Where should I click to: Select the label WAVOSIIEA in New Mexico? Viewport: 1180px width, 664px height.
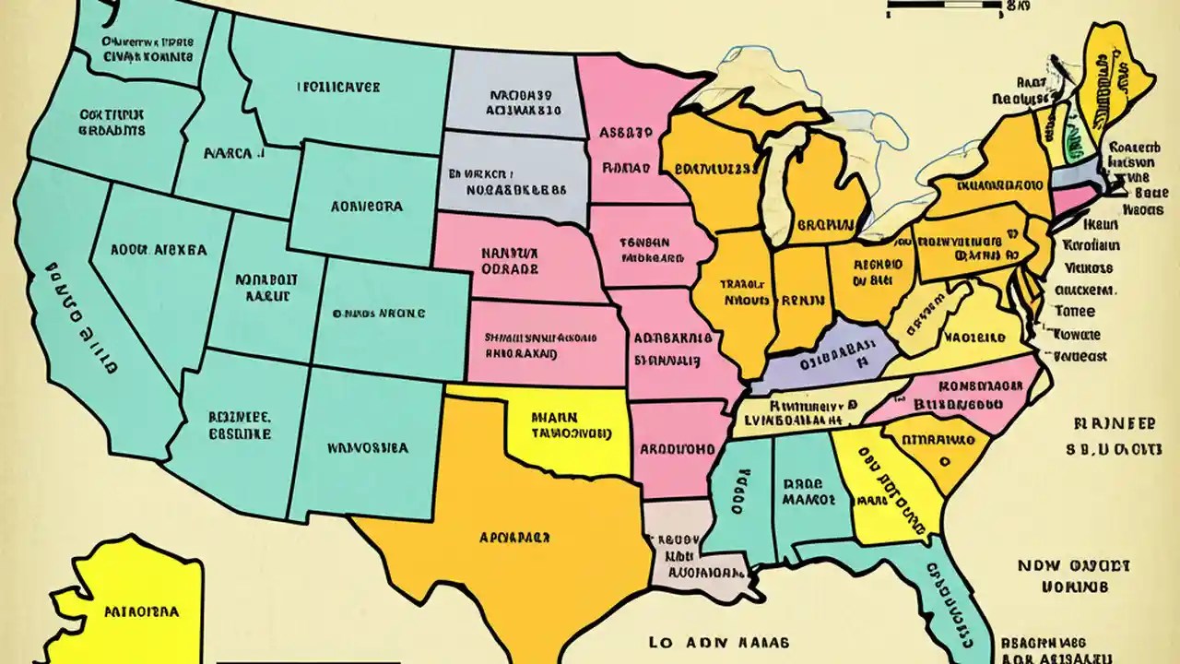pyautogui.click(x=368, y=449)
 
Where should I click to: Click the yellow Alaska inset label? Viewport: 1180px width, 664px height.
pyautogui.click(x=141, y=611)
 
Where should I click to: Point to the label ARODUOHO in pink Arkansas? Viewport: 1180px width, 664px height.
pyautogui.click(x=676, y=449)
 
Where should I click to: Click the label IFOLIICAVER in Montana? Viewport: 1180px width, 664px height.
pyautogui.click(x=338, y=89)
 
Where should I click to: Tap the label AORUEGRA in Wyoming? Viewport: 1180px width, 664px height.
pyautogui.click(x=366, y=206)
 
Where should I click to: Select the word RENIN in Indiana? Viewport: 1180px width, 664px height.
pyautogui.click(x=799, y=299)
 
